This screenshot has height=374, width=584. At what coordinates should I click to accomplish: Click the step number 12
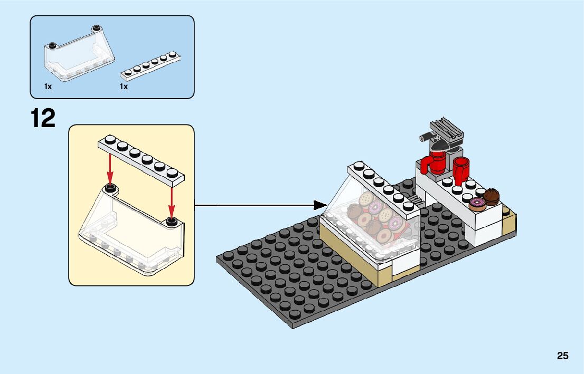point(43,118)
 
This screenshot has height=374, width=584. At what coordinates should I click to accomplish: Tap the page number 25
point(562,356)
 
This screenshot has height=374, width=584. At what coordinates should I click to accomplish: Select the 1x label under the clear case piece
point(48,87)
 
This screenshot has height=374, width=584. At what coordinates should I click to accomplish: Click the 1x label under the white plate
point(124,87)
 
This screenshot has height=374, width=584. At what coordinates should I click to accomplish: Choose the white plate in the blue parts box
point(150,65)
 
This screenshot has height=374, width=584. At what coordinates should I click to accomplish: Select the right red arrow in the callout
point(172,198)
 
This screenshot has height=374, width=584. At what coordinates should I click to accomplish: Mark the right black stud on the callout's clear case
point(172,221)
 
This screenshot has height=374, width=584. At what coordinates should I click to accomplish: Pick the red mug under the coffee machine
point(438,163)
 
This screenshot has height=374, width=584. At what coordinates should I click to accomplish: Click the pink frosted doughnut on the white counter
point(477,204)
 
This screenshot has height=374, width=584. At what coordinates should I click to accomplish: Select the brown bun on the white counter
point(492,196)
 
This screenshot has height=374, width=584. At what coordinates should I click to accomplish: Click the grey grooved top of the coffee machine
point(446,127)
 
